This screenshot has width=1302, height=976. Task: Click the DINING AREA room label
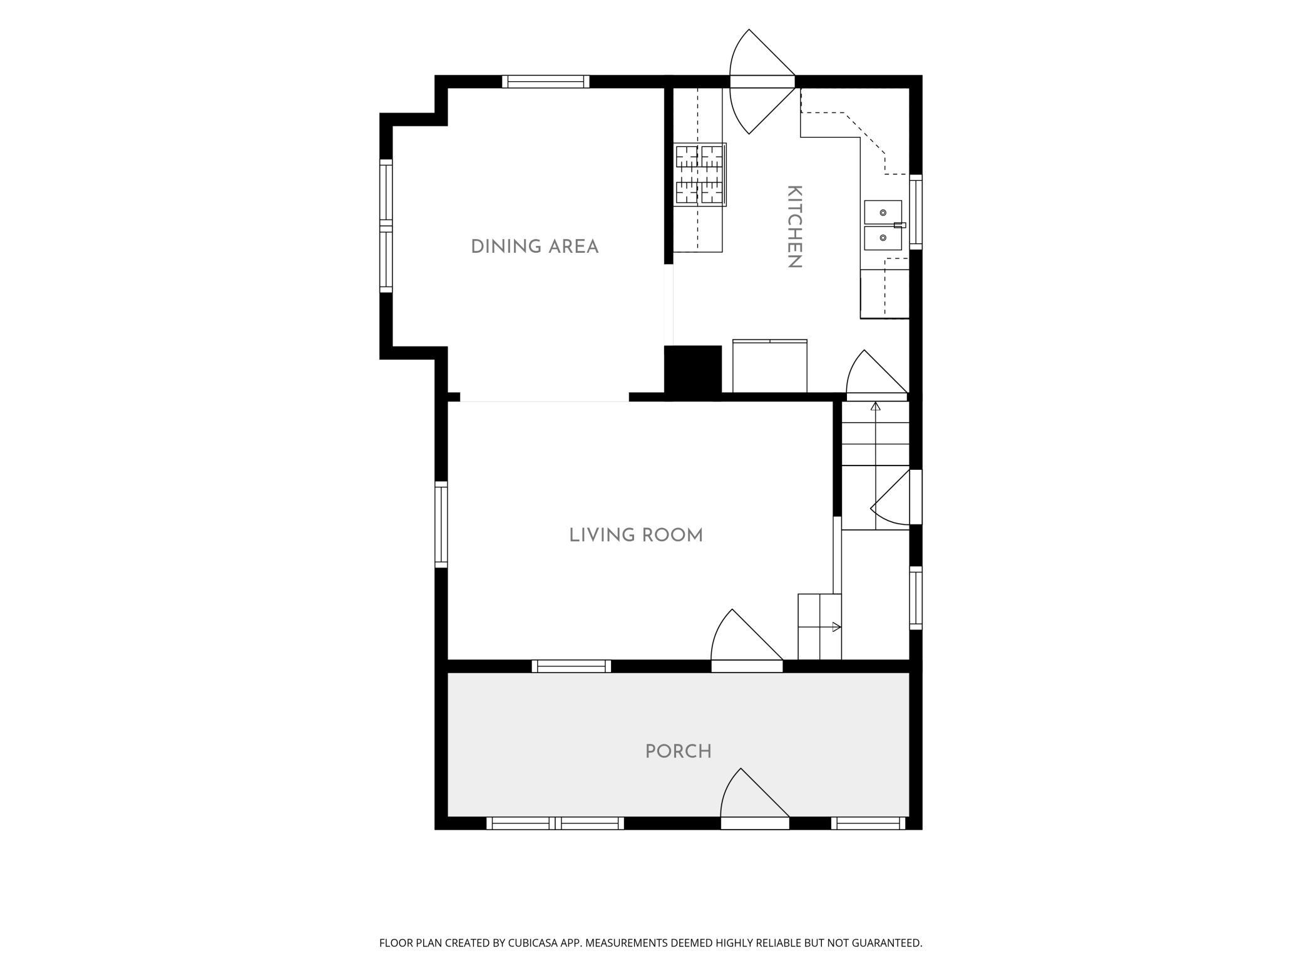[535, 247]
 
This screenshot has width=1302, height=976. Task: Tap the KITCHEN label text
[794, 226]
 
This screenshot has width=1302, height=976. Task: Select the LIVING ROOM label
[636, 535]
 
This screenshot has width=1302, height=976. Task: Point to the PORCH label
[679, 751]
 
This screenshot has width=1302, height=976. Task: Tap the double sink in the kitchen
[883, 225]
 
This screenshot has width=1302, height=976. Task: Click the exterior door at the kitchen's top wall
[762, 81]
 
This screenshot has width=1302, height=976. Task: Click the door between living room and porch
[747, 641]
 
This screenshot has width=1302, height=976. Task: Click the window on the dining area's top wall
[546, 81]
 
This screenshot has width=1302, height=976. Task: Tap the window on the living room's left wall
[441, 524]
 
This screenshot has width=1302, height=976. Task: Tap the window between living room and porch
[572, 666]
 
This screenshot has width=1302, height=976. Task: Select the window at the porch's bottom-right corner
[869, 823]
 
